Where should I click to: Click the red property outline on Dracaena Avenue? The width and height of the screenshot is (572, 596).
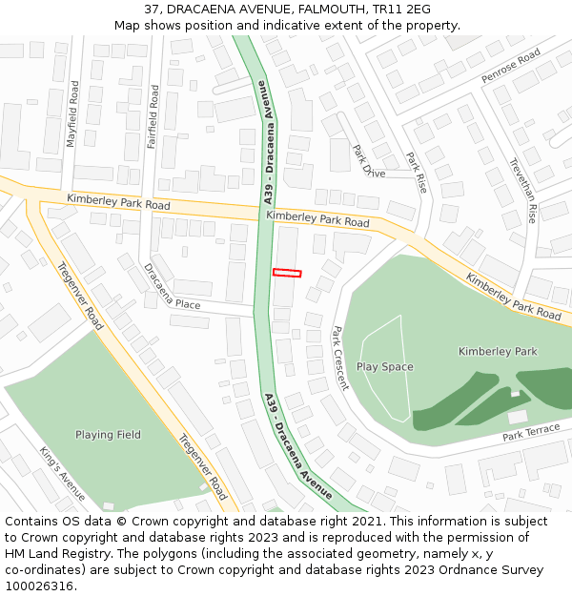click(x=287, y=273)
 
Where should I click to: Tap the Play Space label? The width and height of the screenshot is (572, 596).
click(x=385, y=367)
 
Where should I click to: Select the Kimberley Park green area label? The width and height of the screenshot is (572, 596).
click(x=498, y=352)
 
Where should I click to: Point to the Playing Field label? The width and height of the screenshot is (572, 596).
click(x=108, y=435)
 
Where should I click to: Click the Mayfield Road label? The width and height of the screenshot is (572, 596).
click(x=72, y=113)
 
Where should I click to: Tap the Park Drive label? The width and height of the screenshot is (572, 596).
click(x=369, y=161)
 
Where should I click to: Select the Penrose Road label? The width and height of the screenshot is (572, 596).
click(x=511, y=66)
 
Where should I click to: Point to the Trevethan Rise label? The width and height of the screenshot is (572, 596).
click(x=523, y=190)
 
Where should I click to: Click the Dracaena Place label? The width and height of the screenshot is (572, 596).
click(x=172, y=286)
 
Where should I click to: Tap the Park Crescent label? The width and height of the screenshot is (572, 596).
click(x=340, y=359)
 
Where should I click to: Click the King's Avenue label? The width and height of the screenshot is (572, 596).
click(x=62, y=473)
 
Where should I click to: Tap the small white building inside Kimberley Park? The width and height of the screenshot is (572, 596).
click(x=518, y=417)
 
